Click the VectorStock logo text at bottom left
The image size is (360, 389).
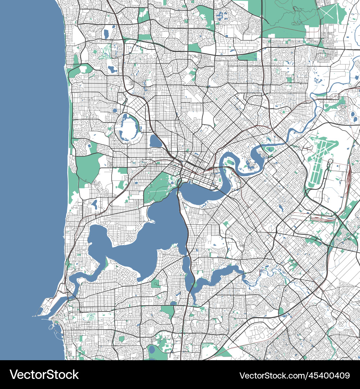pos(44,375)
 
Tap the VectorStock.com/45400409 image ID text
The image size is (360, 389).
pos(294,375)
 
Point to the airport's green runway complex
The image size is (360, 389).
pos(320,158)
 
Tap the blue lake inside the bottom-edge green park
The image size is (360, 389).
pos(152,349)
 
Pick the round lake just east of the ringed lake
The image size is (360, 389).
pos(156,141)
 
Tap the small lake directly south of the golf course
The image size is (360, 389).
pos(112,69)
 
